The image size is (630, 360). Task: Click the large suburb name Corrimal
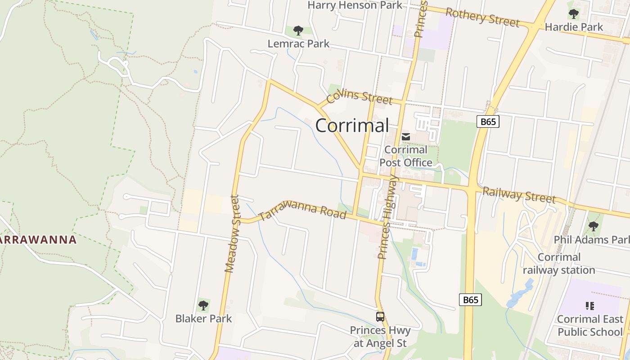pos(352,126)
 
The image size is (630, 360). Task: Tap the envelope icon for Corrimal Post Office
pos(406,137)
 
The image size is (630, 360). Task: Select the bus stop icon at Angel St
pos(380,317)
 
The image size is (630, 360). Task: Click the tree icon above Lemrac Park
pos(298,31)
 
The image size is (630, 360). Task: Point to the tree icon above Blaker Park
pos(203,306)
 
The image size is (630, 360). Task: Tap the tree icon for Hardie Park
pos(573,14)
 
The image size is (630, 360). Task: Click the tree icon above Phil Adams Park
pos(593,226)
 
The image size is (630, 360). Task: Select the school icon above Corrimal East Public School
pos(590,306)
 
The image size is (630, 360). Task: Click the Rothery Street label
pos(482,17)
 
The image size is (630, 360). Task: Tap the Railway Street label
pos(519,195)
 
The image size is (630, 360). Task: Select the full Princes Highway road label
pos(388,217)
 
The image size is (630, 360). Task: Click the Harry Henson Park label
pos(355,5)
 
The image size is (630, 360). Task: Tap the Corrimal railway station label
pos(559,264)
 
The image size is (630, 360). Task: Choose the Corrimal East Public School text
pos(590,325)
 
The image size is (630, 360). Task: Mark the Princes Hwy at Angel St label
pos(380,337)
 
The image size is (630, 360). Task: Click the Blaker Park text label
pos(203,319)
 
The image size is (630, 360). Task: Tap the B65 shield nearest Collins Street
pos(488,121)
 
